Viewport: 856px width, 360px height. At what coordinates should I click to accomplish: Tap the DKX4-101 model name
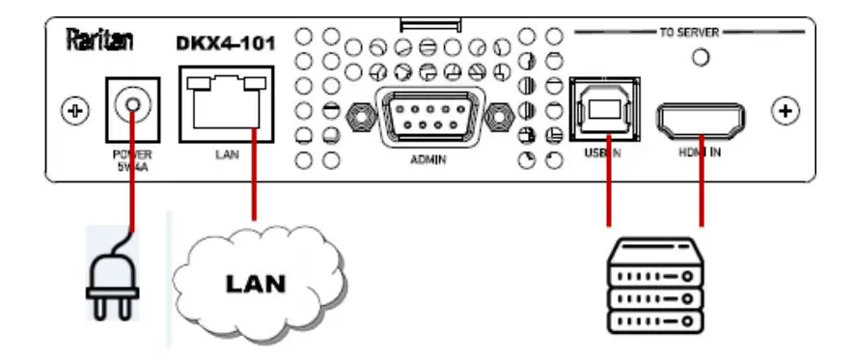tap(224, 42)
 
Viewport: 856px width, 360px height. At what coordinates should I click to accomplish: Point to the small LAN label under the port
tap(225, 153)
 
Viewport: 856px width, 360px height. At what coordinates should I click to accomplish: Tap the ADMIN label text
tap(428, 160)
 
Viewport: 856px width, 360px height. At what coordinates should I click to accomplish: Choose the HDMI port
tap(700, 121)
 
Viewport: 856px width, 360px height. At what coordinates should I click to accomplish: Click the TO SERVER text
tap(690, 32)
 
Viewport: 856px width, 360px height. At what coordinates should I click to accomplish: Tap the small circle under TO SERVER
tap(702, 57)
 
